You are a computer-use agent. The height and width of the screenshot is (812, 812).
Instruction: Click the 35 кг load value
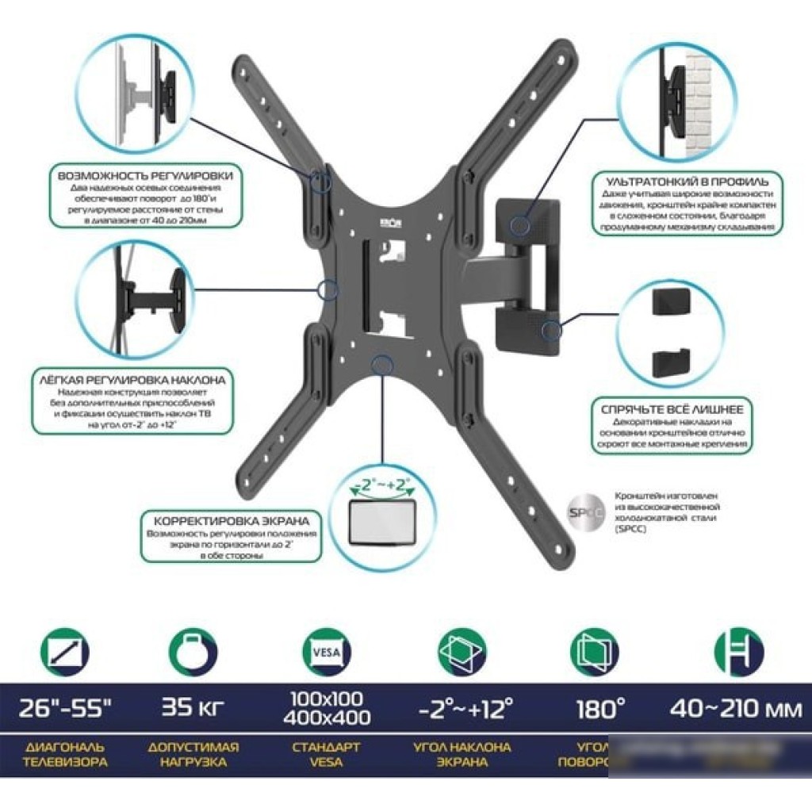click(x=193, y=705)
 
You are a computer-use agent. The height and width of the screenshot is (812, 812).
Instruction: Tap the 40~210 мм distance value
click(x=736, y=705)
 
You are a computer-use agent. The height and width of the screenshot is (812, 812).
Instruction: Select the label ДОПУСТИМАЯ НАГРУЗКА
click(x=193, y=755)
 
